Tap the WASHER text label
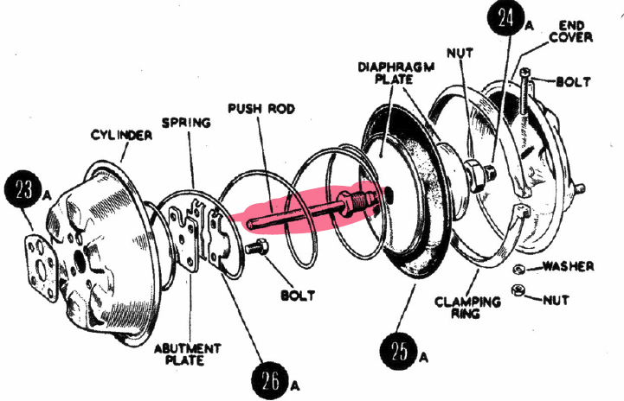coord(568,266)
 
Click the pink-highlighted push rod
coord(307,211)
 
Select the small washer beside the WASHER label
coord(518,268)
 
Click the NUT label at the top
coord(459,53)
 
